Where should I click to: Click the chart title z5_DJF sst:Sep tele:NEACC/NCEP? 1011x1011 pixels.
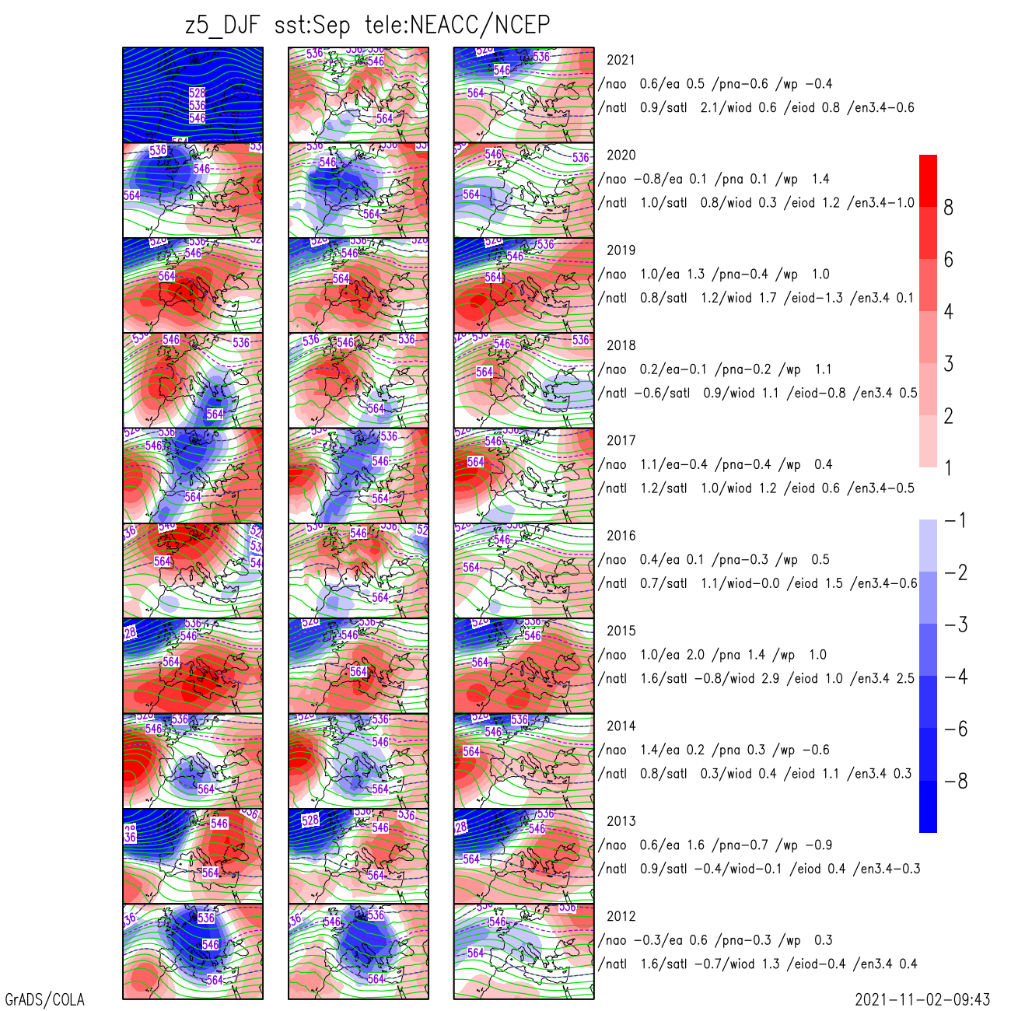click(367, 25)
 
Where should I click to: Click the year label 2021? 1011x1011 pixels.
click(621, 60)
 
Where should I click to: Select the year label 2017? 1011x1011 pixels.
click(621, 441)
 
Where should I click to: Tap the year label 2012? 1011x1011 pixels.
click(621, 917)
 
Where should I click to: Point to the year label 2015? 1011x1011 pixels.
click(621, 631)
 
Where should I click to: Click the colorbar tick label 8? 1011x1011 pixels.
click(948, 208)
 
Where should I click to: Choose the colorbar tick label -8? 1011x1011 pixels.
click(956, 782)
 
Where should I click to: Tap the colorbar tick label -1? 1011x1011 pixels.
click(956, 520)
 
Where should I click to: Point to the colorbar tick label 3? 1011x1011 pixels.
click(948, 364)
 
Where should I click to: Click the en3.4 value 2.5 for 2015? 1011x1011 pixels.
click(905, 679)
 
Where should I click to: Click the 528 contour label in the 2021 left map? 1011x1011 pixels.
click(198, 93)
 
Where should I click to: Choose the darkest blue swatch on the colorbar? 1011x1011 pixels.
click(928, 806)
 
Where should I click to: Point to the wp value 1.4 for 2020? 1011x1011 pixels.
click(820, 180)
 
